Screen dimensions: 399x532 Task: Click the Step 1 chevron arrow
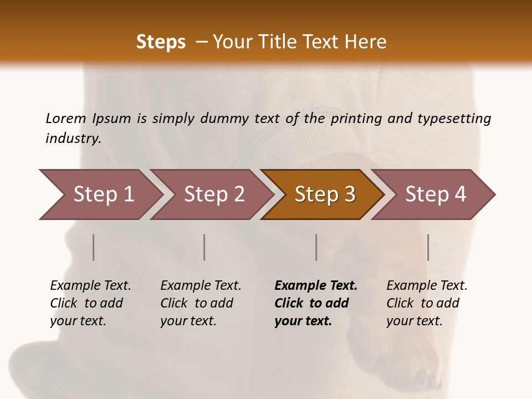pos(103,194)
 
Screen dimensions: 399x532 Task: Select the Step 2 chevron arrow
pos(213,194)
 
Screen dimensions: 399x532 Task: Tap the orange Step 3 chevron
pos(324,194)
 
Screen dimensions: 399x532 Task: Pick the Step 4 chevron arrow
pos(435,194)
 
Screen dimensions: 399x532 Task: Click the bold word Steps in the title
pos(161,42)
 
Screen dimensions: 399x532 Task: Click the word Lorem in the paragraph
pos(66,118)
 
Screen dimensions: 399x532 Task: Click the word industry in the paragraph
pos(73,138)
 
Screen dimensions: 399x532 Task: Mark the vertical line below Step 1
pos(94,247)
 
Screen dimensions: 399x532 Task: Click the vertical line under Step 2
pos(204,247)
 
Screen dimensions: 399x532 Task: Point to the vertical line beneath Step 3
pos(316,247)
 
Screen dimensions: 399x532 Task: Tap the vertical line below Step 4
pos(428,247)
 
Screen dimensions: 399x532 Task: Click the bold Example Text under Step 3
pos(316,286)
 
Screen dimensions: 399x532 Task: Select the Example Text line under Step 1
pos(90,286)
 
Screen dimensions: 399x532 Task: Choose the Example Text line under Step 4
pos(427,286)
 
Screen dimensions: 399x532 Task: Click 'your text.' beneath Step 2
pos(188,321)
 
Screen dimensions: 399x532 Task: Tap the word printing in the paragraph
pos(356,118)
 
